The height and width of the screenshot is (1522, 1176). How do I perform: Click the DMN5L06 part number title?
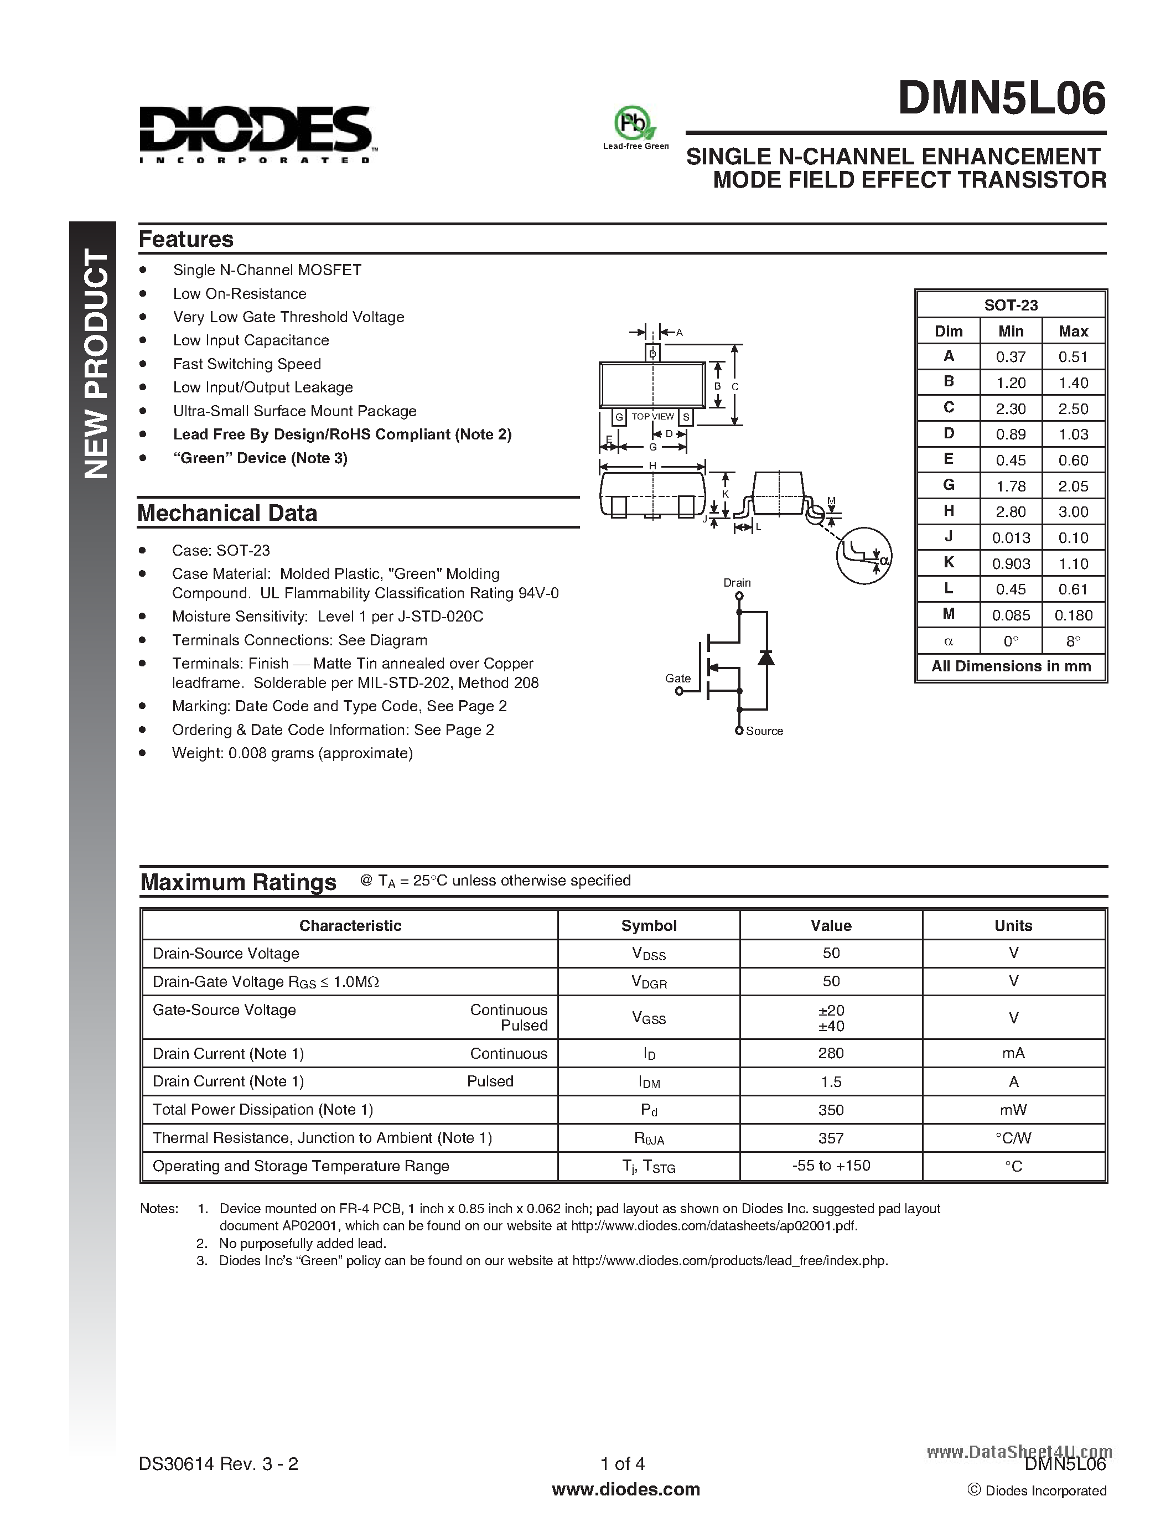point(1001,99)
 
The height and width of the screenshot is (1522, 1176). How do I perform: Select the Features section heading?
point(186,239)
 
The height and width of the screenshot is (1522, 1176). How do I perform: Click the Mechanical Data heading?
point(227,513)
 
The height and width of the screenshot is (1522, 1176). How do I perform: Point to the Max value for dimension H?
point(1073,511)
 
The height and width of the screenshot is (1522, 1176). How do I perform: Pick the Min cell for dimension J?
point(1010,537)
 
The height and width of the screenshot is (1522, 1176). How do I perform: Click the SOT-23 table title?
point(1010,306)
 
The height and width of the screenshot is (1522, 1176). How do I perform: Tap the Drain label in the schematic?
point(737,583)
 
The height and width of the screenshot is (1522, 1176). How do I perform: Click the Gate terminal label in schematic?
point(677,678)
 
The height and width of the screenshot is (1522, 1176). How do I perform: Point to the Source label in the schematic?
point(764,731)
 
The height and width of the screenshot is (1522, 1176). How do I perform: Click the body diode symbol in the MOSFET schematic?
point(766,657)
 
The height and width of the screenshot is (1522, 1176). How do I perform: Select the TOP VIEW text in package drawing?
point(653,417)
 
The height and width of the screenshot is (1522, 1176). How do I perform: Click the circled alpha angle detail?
point(864,556)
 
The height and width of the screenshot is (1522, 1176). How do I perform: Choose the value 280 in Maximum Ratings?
point(831,1053)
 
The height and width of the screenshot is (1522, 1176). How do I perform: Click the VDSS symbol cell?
point(649,954)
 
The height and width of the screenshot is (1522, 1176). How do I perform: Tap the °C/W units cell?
point(1013,1138)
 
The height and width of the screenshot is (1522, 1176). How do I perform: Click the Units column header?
point(1013,925)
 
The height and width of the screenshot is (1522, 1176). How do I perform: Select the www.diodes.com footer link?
point(625,1489)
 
